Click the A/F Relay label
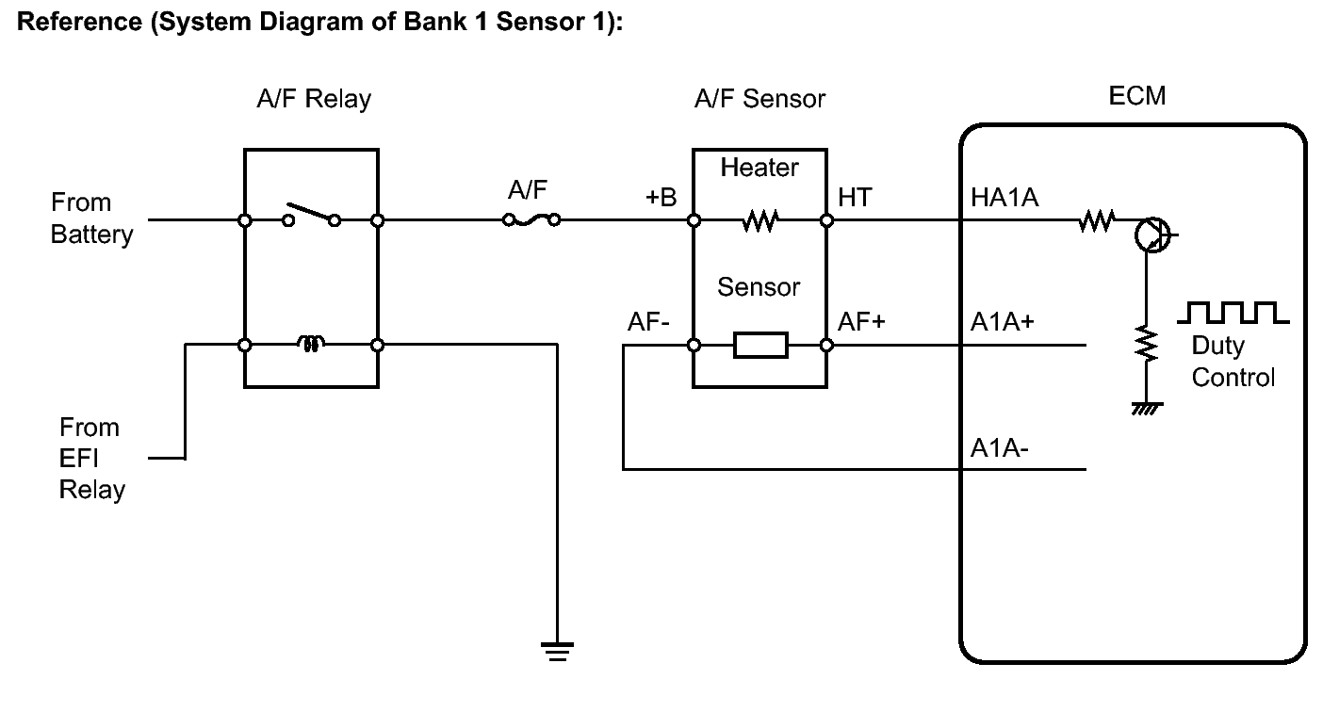coord(314,99)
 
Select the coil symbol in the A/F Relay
coord(310,345)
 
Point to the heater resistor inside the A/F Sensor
coord(759,221)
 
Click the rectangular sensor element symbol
coord(760,346)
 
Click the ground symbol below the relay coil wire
coord(557,650)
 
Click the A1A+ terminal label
coord(1003,322)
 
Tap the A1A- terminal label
coord(1000,447)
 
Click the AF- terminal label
coord(648,322)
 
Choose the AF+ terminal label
coord(861,322)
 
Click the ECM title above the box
coord(1136,96)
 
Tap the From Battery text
coord(91,218)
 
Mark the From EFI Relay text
coord(91,459)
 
